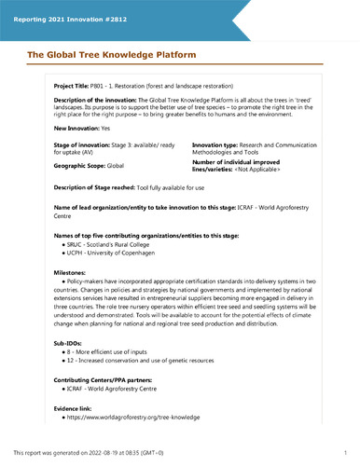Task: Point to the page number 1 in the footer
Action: tap(345, 452)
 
